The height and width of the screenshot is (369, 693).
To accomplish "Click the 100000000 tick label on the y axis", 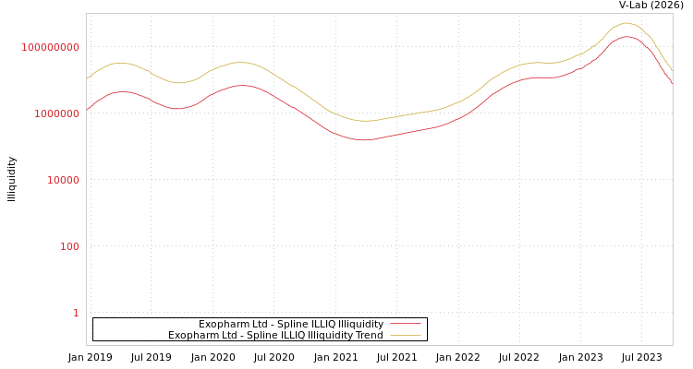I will [51, 47].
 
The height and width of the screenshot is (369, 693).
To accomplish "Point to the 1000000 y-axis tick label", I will [57, 113].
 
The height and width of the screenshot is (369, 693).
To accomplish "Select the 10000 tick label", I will [64, 180].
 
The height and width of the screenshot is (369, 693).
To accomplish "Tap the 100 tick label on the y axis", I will [70, 246].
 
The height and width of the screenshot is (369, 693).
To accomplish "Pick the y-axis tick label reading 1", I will [76, 313].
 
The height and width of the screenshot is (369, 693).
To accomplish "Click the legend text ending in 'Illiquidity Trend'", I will [275, 335].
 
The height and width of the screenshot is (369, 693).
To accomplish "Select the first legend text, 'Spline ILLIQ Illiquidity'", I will [291, 324].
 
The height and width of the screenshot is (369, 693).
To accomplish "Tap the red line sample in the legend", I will [406, 324].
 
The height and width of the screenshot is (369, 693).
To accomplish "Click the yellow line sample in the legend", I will [406, 335].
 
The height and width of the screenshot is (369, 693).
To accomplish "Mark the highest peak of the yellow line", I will [626, 23].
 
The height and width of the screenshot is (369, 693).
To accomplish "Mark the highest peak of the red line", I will [626, 37].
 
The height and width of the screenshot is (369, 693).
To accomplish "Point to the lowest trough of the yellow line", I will [366, 121].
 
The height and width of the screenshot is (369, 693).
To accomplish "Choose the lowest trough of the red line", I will [364, 140].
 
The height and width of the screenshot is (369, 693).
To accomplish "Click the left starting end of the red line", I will [87, 110].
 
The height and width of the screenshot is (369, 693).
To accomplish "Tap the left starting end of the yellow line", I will [87, 78].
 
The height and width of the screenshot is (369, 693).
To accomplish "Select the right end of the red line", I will [672, 84].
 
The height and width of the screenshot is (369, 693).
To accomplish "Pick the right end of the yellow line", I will [672, 70].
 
